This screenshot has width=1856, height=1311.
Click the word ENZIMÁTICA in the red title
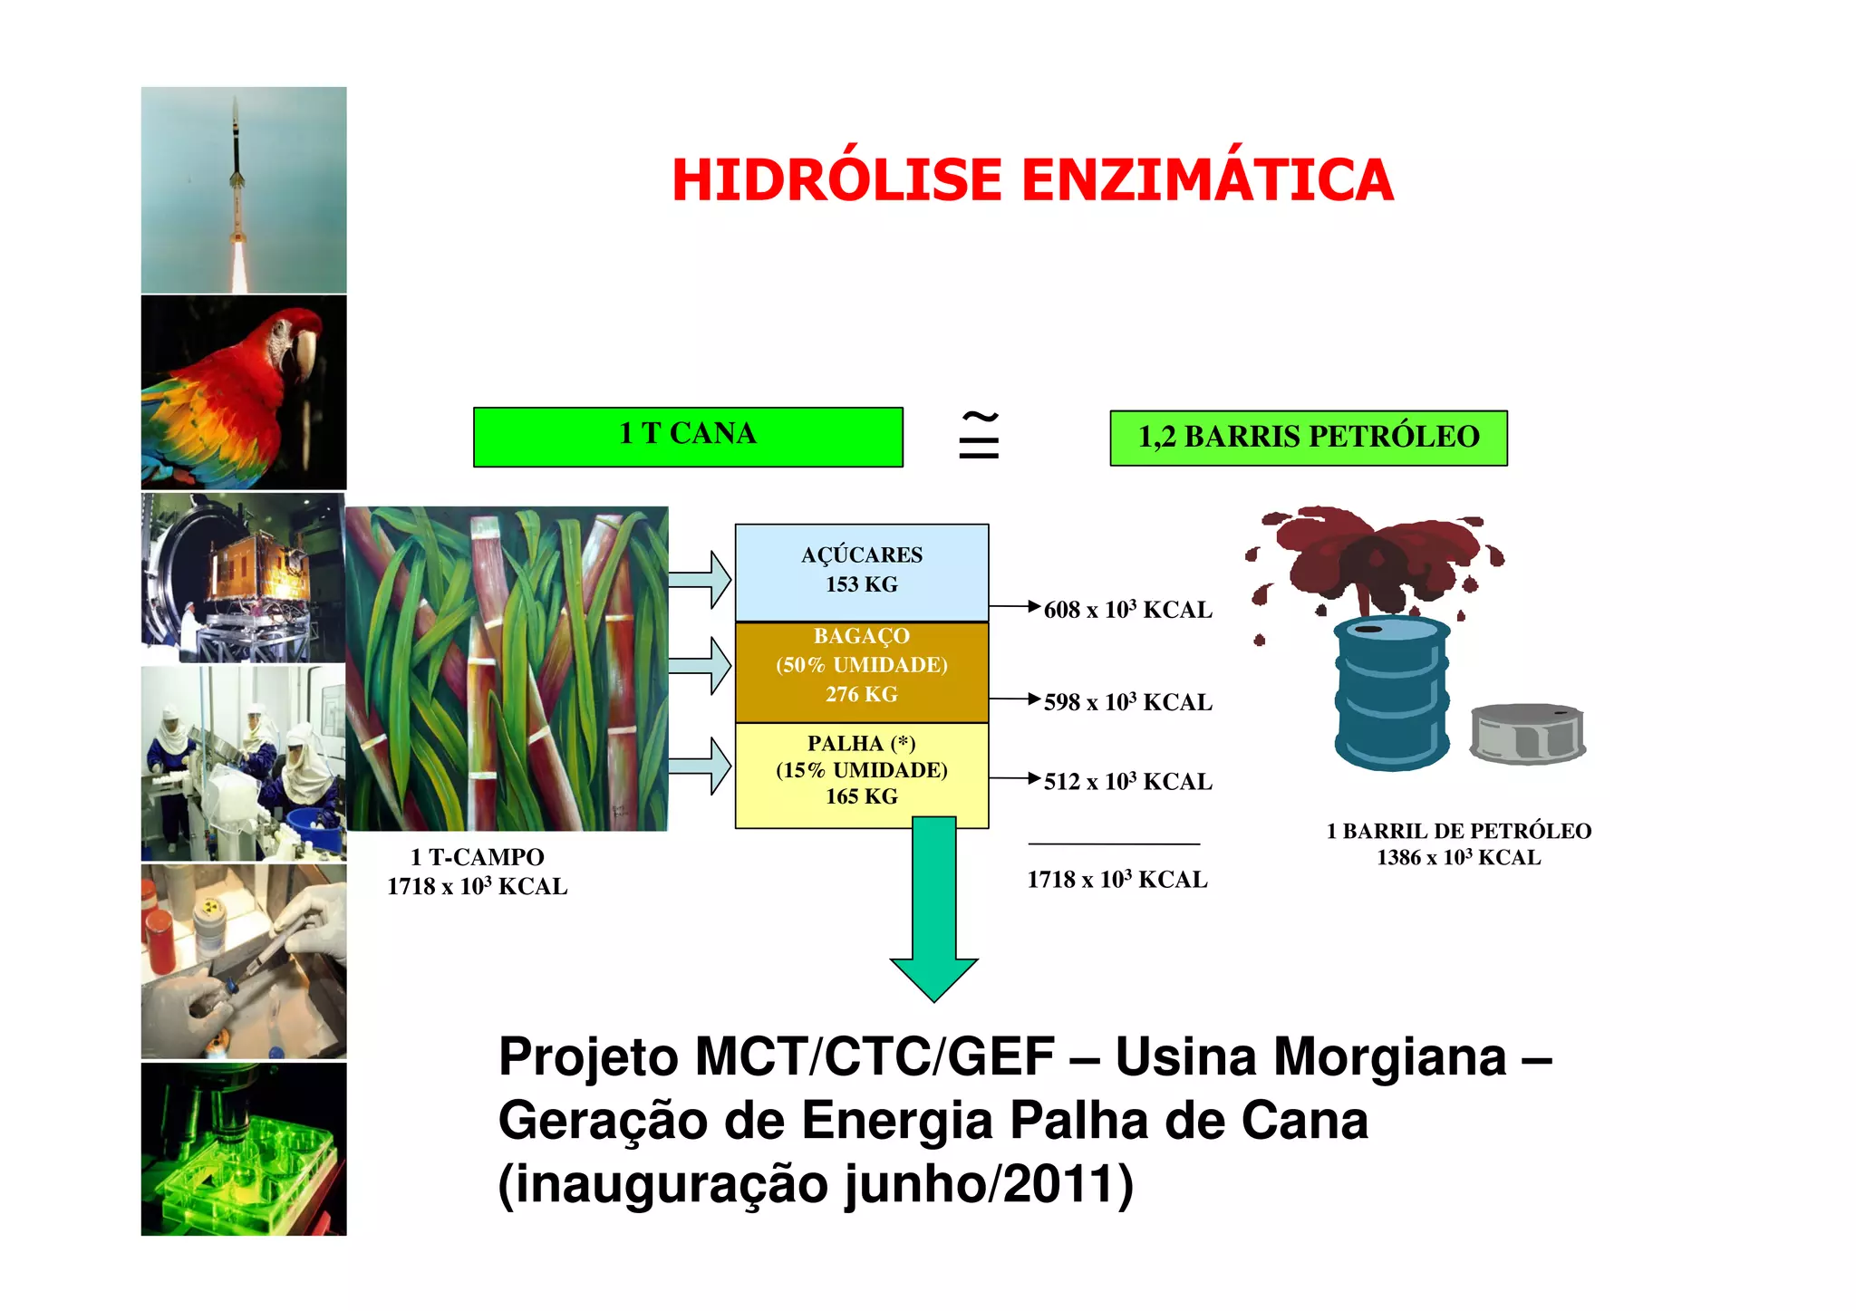pyautogui.click(x=1207, y=179)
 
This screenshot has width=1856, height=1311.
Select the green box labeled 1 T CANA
pyautogui.click(x=688, y=436)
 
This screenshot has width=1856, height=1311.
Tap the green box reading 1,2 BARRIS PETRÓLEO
pyautogui.click(x=1308, y=438)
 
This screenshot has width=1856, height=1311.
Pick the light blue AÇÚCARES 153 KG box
pyautogui.click(x=861, y=571)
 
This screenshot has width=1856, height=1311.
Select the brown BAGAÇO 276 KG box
pyautogui.click(x=861, y=670)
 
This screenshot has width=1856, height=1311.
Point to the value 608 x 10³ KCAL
pyautogui.click(x=1127, y=610)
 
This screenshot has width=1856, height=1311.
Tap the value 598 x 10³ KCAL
pyautogui.click(x=1127, y=702)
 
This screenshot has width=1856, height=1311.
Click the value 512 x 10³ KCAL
pyautogui.click(x=1127, y=781)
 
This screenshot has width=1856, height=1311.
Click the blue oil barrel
pyautogui.click(x=1391, y=693)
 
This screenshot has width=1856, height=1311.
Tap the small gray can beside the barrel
pyautogui.click(x=1527, y=734)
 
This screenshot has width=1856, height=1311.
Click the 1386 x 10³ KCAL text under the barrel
pyautogui.click(x=1458, y=858)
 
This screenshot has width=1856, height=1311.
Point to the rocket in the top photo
pyautogui.click(x=237, y=172)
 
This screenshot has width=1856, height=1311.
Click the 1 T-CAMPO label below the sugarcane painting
pyautogui.click(x=477, y=857)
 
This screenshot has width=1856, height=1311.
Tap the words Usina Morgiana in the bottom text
pyautogui.click(x=1310, y=1057)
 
